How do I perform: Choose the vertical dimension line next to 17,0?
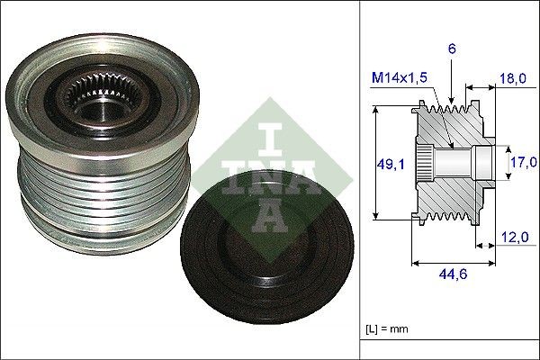501,164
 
